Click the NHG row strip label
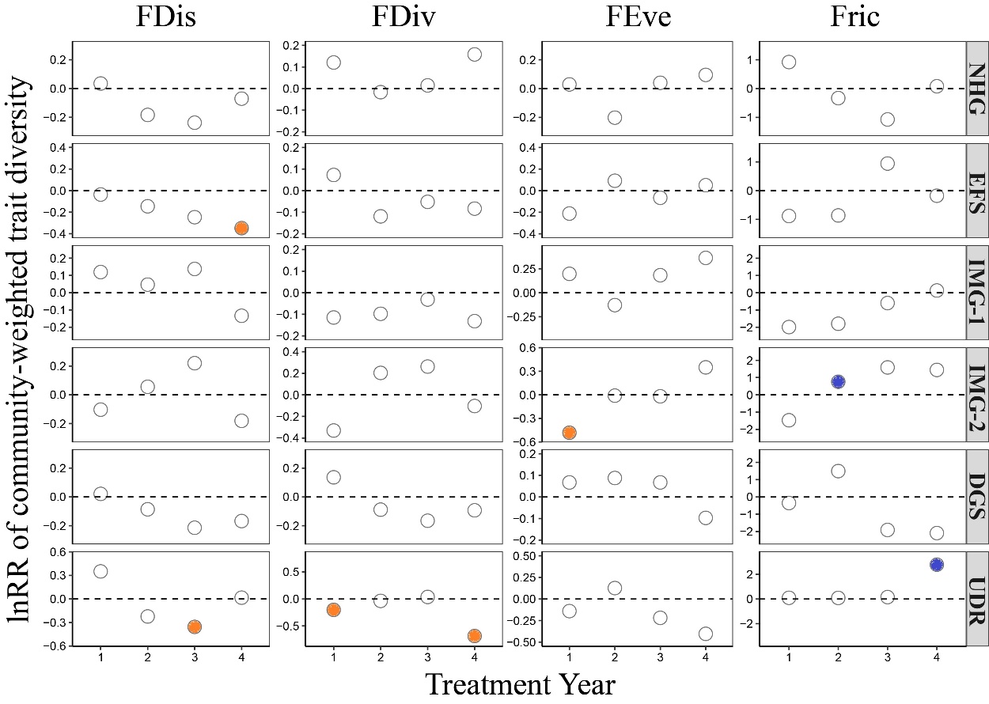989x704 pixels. pos(976,88)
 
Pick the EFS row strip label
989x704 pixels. pos(976,190)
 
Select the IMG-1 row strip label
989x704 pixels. pos(976,292)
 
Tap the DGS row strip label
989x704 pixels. pos(976,496)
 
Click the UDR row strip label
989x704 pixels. pos(976,598)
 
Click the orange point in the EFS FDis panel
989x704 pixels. pos(241,228)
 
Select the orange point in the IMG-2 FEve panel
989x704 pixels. pos(569,432)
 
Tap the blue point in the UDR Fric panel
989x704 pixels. pos(937,565)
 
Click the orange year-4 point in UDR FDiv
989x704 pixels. pos(474,635)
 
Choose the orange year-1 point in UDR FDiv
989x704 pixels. pos(333,610)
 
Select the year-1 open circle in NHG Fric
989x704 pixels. pos(788,62)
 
